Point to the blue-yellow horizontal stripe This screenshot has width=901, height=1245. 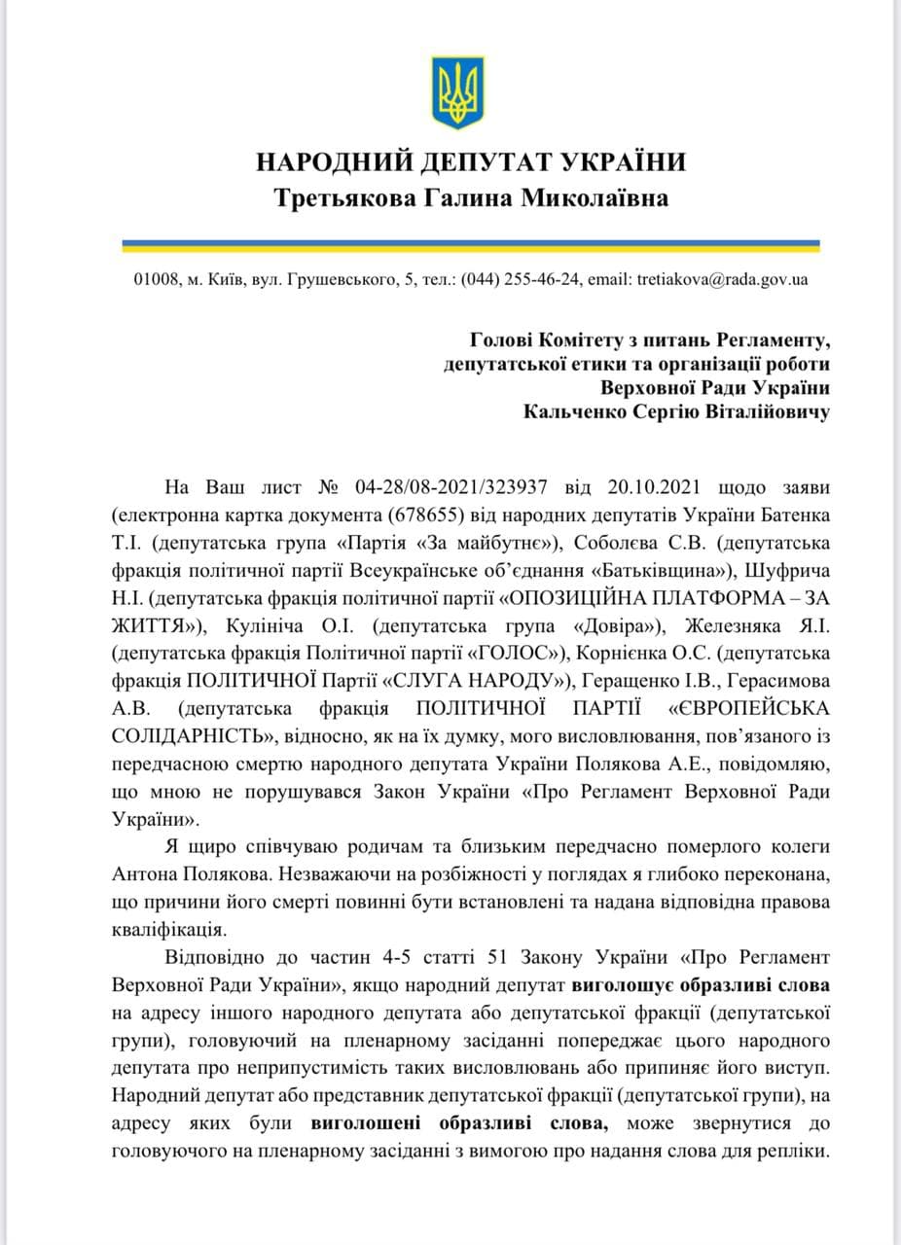471,245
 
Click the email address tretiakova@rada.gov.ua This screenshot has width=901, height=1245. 722,280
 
